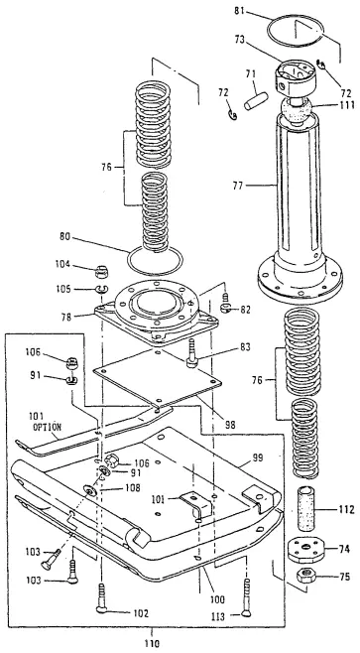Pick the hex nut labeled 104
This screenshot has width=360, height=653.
coord(129,269)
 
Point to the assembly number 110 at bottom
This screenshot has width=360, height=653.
coord(149,643)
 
